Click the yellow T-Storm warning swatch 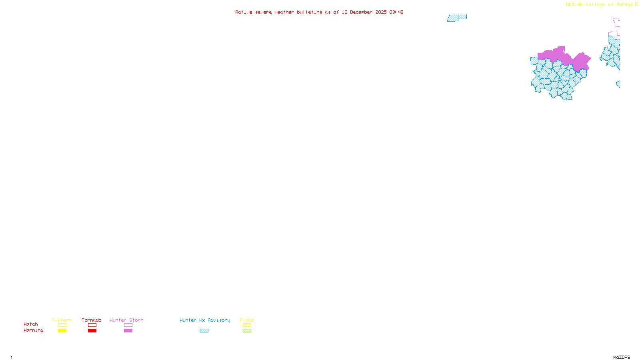click(62, 331)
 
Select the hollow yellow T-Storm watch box click(62, 325)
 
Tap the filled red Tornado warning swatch click(92, 331)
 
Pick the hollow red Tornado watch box click(92, 325)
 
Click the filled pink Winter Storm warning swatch click(128, 331)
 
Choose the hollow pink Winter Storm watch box click(128, 325)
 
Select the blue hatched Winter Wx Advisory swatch click(204, 331)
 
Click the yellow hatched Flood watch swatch click(247, 325)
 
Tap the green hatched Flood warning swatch click(247, 331)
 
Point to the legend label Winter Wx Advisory click(205, 320)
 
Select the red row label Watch click(31, 324)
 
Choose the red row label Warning click(33, 330)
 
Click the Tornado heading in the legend click(92, 320)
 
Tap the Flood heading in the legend click(247, 320)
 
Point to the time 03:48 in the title click(396, 12)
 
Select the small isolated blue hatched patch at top click(457, 18)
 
